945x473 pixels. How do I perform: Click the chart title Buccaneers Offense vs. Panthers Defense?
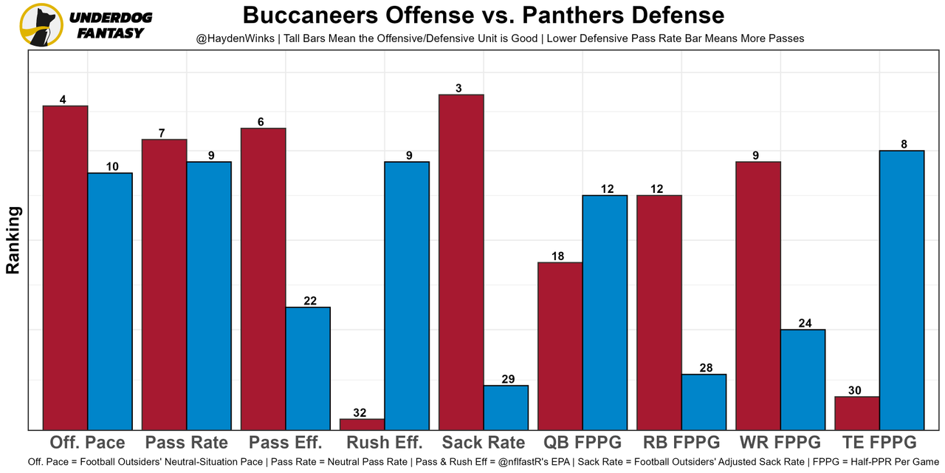coord(484,15)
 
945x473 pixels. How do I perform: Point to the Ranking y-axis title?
coord(13,240)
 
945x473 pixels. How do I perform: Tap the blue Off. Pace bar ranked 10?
coord(110,301)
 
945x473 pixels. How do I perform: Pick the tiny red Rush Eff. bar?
coord(362,424)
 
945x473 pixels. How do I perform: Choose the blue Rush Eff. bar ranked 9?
coord(407,296)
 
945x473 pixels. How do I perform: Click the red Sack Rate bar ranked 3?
coord(461,262)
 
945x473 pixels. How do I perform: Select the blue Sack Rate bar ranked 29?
coord(506,407)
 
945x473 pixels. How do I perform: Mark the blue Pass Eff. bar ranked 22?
coord(308,368)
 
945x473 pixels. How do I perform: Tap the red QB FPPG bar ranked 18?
coord(560,346)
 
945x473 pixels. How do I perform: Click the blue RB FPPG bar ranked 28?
coord(704,401)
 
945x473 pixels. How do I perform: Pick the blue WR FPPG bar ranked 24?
coord(803,379)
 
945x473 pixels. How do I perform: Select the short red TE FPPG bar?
coord(857,413)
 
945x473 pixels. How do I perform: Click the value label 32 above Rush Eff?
coord(360,413)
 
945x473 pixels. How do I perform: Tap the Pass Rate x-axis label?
coord(186,443)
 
